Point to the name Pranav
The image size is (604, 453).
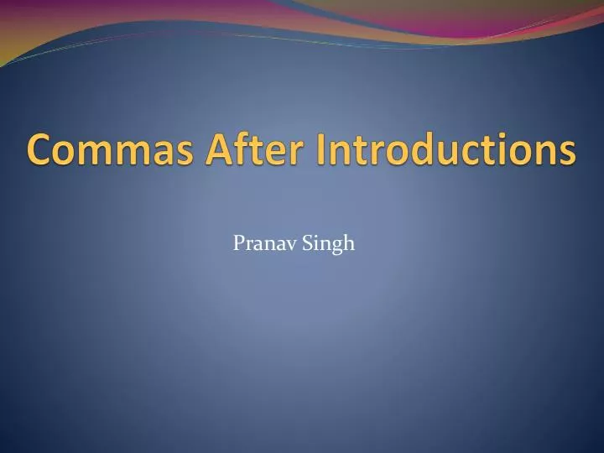259,244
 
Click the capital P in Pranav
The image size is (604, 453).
238,244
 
